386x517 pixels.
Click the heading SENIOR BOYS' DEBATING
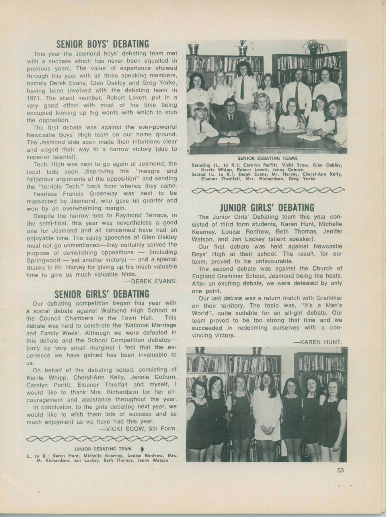[x=102, y=44]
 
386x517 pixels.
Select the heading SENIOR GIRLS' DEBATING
[x=102, y=294]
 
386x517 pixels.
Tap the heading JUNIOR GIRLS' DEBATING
[x=267, y=207]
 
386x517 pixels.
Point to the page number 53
[x=340, y=470]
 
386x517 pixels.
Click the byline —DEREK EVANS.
[x=150, y=281]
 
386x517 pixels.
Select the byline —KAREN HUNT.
[x=318, y=342]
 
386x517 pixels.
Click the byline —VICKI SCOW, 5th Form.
[x=138, y=429]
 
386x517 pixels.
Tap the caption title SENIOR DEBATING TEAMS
[x=267, y=158]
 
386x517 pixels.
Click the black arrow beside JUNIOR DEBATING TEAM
[x=142, y=449]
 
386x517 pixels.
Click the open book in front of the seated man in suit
[x=229, y=140]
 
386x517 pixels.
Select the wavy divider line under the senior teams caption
[x=267, y=190]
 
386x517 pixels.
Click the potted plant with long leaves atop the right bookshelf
[x=314, y=46]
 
